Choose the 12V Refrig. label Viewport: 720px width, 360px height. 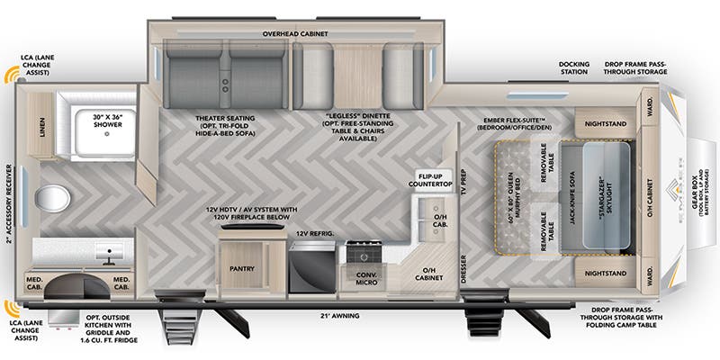click(315, 233)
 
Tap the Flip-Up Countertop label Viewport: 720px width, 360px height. click(433, 179)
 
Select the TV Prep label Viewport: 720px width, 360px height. click(463, 182)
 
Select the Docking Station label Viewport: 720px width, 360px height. click(572, 67)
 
